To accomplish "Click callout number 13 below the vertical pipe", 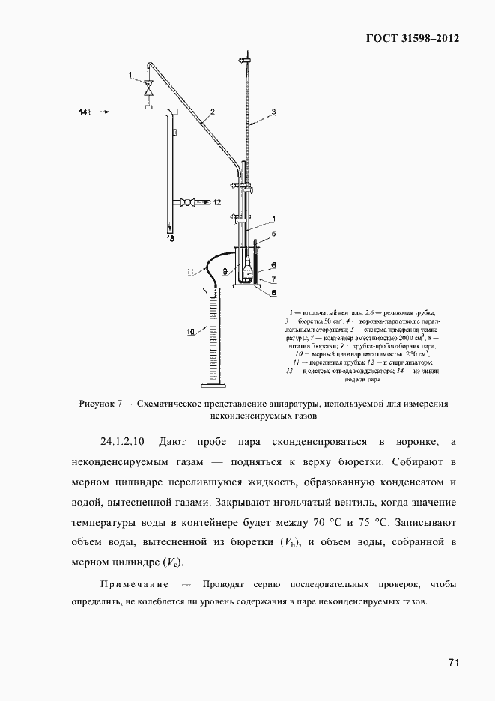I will coord(170,239).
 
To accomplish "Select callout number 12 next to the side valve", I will coord(217,202).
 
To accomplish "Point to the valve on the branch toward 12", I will coord(192,201).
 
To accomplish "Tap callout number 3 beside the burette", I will coord(274,112).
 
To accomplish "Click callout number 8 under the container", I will coord(274,292).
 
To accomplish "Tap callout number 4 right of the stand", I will coord(274,219).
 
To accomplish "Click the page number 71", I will coord(452,662).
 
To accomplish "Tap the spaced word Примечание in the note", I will coord(132,584).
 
